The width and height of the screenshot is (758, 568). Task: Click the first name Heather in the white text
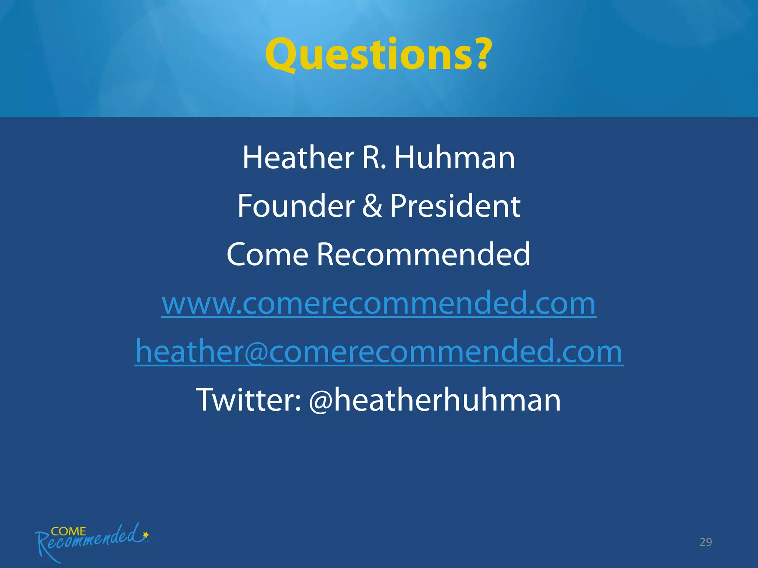click(298, 158)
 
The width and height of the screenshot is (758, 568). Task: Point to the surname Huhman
click(455, 158)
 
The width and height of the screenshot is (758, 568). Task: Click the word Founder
click(296, 206)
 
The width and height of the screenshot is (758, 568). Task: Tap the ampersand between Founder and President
click(372, 206)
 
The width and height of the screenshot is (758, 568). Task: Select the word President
click(455, 206)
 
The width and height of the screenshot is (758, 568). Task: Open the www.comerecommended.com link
click(379, 303)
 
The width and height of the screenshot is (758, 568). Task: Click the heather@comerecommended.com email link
click(379, 352)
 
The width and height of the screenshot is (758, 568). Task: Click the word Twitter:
click(249, 400)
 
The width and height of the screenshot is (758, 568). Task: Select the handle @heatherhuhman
click(435, 400)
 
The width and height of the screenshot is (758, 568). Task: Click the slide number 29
click(705, 542)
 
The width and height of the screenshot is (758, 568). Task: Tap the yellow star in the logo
click(146, 534)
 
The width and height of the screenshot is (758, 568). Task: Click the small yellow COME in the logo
click(68, 531)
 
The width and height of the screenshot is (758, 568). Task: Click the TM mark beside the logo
click(147, 542)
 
